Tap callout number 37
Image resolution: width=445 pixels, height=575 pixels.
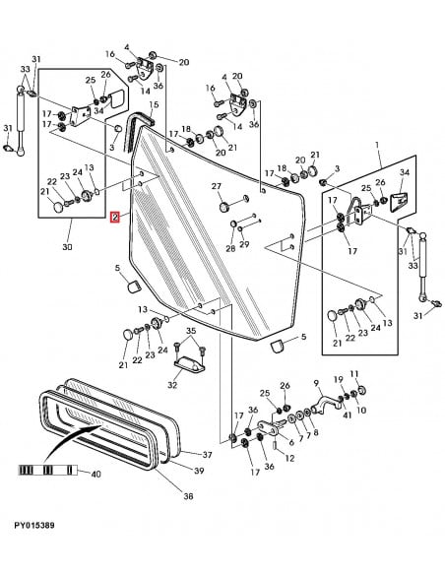pos(207,455)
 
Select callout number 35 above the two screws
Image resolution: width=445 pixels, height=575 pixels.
pos(191,331)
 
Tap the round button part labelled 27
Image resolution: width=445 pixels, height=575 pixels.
pos(224,207)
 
